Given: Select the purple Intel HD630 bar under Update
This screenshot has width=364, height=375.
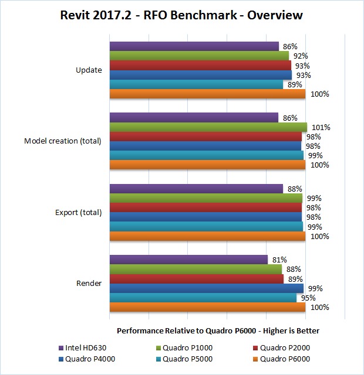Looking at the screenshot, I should click(194, 46).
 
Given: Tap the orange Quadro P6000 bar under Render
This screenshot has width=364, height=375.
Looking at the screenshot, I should click(207, 307).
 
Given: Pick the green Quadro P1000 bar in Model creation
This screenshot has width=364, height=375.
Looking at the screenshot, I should click(208, 127).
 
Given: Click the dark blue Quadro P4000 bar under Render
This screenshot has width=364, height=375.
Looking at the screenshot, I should click(207, 288).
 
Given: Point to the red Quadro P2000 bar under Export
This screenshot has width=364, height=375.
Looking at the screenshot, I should click(205, 207).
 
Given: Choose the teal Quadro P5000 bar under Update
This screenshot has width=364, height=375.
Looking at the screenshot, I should click(196, 84).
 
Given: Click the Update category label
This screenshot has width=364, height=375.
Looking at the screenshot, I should click(89, 70).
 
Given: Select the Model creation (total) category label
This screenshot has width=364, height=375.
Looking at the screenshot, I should click(63, 141).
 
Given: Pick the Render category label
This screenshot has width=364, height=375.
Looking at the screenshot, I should click(89, 284).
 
